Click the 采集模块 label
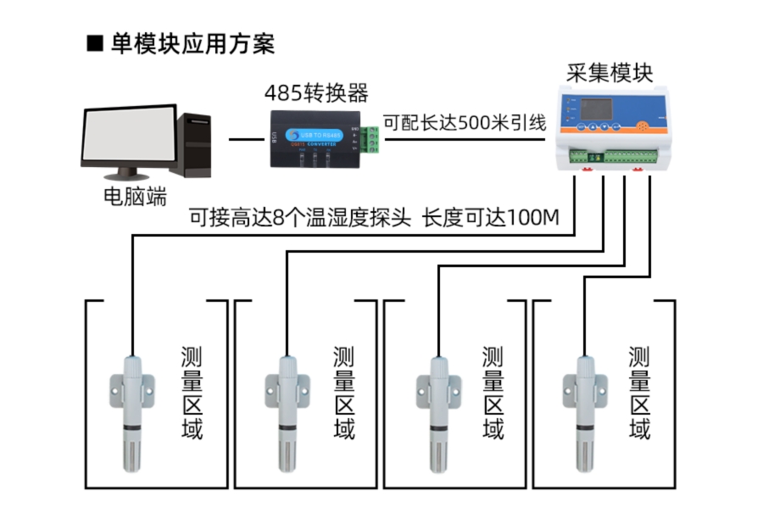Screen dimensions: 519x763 610,71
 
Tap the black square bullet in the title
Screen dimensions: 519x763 95,43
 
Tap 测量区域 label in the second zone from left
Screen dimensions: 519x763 343,393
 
